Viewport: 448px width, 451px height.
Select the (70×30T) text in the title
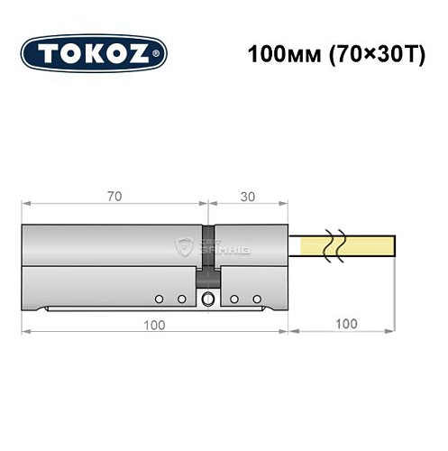click(359, 53)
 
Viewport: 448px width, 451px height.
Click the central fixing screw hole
click(209, 300)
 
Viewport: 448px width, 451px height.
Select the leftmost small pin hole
click(158, 299)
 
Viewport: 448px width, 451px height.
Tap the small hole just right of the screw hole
click(233, 299)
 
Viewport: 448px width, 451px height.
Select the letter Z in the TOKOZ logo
click(145, 53)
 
